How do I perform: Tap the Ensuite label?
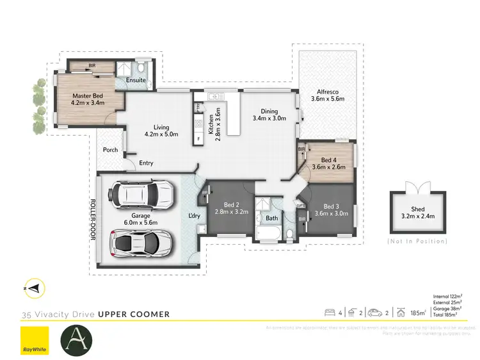point(136,81)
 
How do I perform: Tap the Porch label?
point(109,151)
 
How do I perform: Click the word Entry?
point(146,163)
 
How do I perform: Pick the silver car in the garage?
point(136,242)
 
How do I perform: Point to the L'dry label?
point(195,216)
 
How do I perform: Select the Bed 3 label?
point(332,210)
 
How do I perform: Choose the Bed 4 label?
point(329,163)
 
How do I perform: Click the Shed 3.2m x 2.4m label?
point(417,213)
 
